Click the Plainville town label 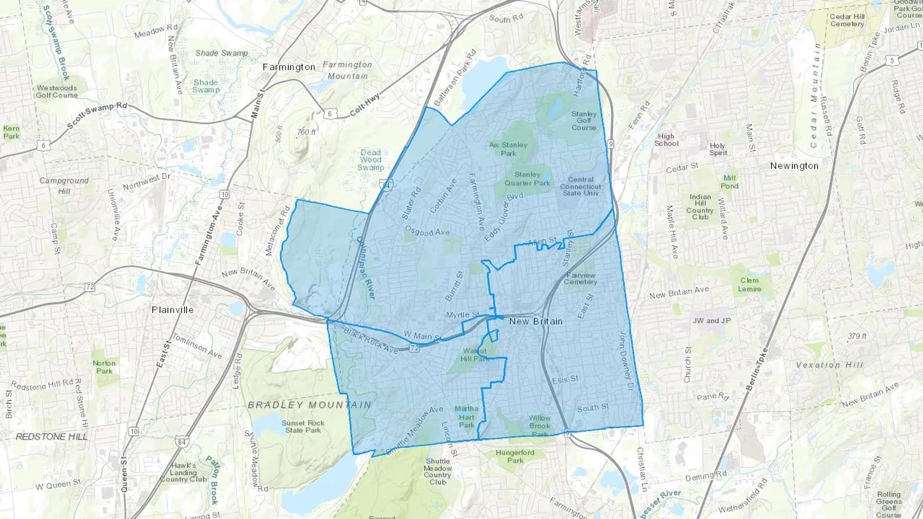[x=173, y=310]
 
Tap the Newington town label [x=794, y=166]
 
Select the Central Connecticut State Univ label [x=580, y=186]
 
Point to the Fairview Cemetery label [x=580, y=279]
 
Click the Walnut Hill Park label [x=475, y=355]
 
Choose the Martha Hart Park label [x=467, y=417]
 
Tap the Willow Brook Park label [x=539, y=426]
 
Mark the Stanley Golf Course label [x=584, y=121]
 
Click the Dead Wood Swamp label [x=371, y=160]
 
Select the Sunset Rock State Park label [x=303, y=426]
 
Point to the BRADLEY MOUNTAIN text [x=309, y=405]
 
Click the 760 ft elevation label [x=306, y=132]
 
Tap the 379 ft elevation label [x=857, y=336]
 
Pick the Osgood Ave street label [x=427, y=232]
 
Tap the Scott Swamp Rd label [x=97, y=116]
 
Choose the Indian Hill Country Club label [x=700, y=207]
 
